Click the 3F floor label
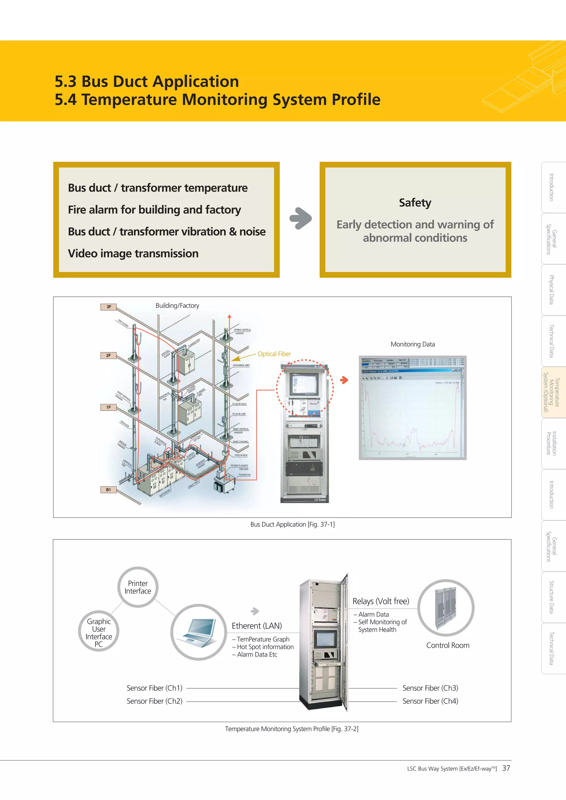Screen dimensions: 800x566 (108, 307)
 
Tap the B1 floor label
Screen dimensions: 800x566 (108, 490)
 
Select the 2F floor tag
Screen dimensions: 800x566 (108, 355)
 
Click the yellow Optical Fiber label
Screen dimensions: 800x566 (274, 354)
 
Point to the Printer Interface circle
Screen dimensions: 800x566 (138, 587)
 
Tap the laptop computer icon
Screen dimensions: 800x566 (198, 632)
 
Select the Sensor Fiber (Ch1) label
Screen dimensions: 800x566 (154, 688)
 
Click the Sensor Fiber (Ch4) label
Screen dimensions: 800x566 (430, 701)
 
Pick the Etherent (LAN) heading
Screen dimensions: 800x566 (256, 626)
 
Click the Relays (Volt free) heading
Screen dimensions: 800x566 (381, 601)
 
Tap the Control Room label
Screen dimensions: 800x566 (447, 645)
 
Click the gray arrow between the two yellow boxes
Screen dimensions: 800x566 (300, 219)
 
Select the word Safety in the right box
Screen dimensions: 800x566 (415, 203)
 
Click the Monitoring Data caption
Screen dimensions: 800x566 (413, 344)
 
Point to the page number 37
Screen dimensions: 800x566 (506, 768)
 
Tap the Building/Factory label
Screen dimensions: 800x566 (177, 306)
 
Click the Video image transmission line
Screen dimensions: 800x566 (133, 253)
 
